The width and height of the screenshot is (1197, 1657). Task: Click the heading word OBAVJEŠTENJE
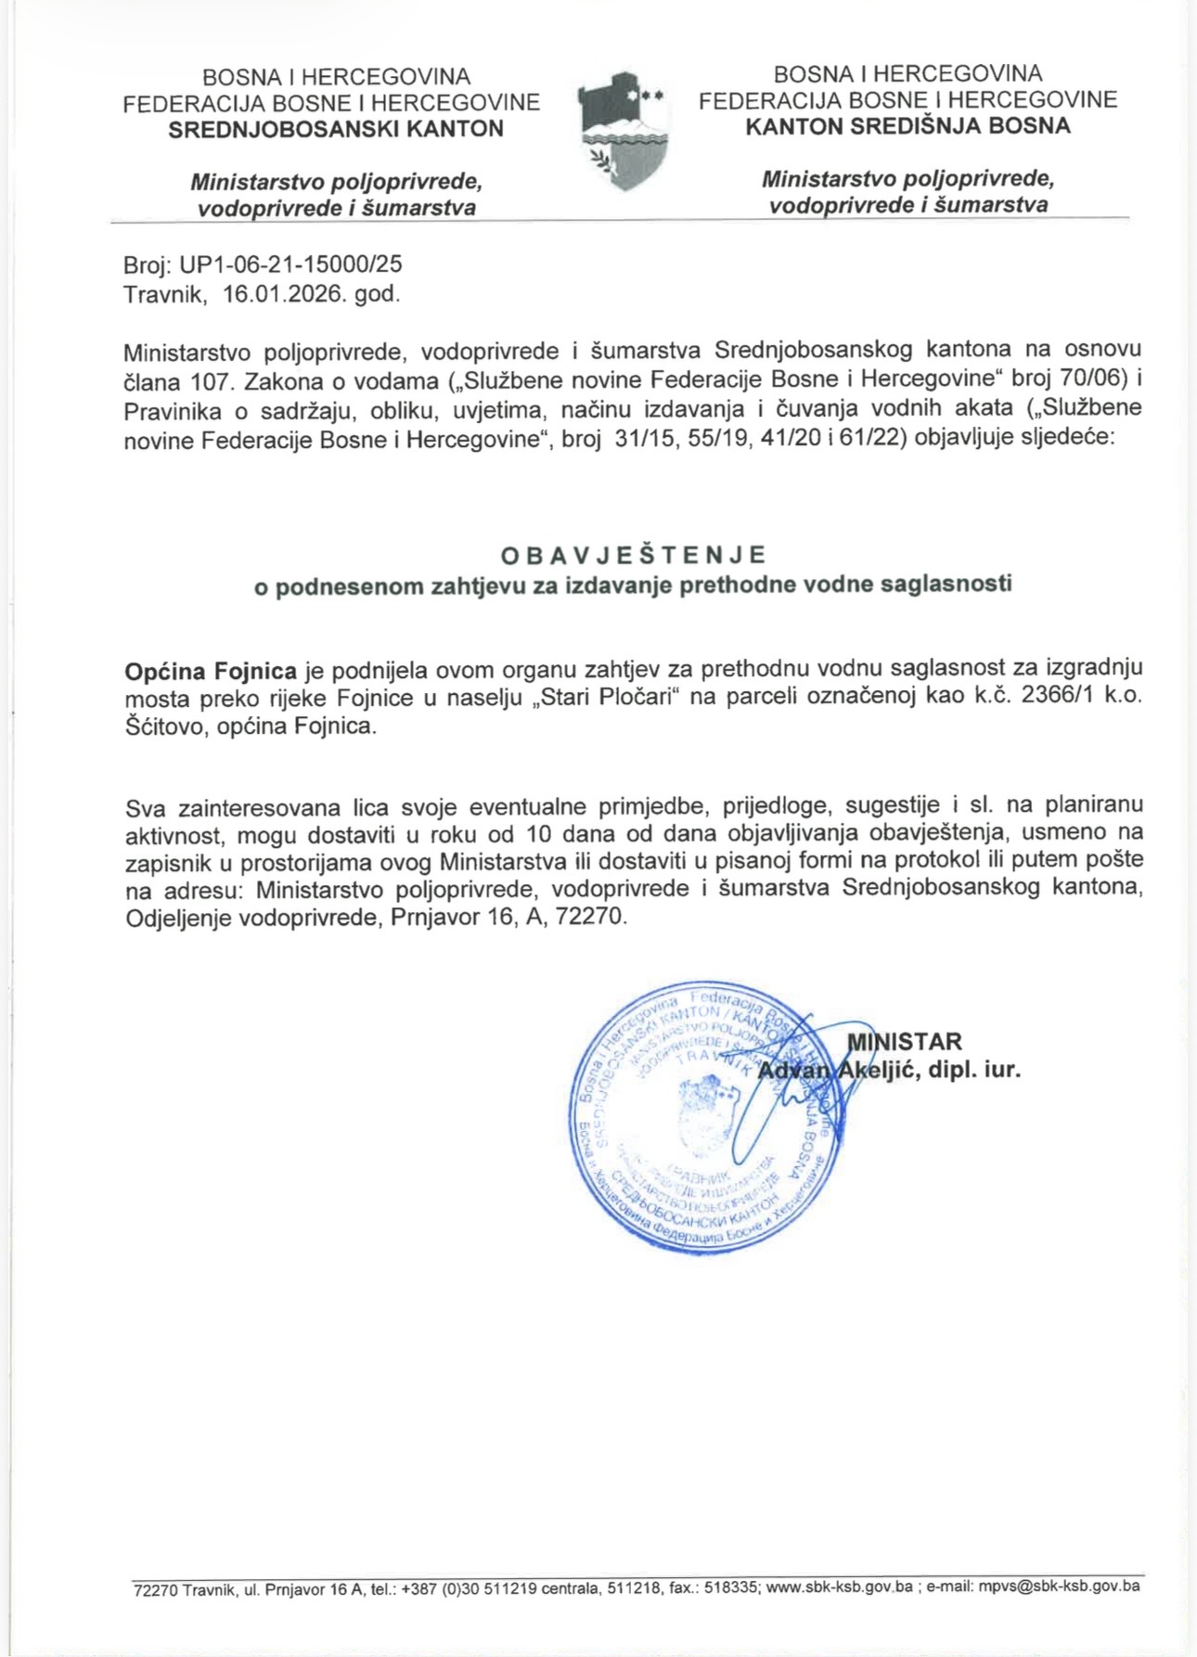(x=634, y=555)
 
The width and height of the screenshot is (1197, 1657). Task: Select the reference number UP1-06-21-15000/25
(x=290, y=264)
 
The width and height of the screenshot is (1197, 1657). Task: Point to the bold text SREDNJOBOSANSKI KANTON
(x=336, y=129)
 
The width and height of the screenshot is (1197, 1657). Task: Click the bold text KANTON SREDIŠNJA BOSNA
(x=907, y=125)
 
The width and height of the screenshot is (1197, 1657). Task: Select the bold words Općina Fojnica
(x=211, y=671)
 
